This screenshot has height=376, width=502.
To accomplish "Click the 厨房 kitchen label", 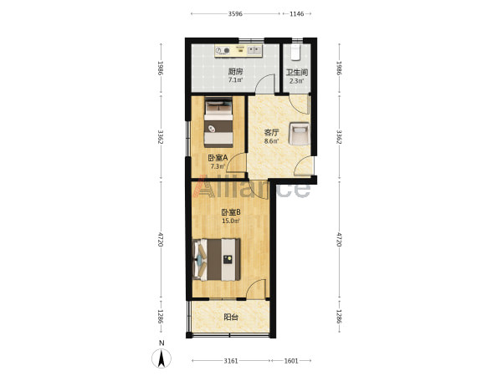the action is click(x=235, y=72).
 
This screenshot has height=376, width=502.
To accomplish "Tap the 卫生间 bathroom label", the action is click(x=297, y=73).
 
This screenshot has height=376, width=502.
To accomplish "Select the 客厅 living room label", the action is click(x=271, y=132).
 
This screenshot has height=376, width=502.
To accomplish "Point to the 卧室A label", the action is click(x=218, y=158).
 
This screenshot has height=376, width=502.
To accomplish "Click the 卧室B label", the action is click(x=231, y=212).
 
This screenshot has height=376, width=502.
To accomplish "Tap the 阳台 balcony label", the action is click(x=231, y=318).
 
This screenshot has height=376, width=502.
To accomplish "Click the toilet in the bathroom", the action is click(x=295, y=52).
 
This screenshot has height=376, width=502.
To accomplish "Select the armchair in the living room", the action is click(x=299, y=134).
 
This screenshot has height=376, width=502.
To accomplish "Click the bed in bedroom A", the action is click(x=218, y=122).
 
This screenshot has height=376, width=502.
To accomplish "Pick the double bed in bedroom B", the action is click(x=217, y=260).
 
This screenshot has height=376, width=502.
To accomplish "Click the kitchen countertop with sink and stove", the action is click(x=238, y=51).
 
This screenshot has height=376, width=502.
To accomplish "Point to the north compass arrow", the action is click(x=161, y=358).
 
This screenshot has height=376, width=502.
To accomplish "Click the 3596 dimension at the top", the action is click(x=235, y=13).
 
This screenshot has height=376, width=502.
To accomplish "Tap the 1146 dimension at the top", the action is click(x=296, y=13).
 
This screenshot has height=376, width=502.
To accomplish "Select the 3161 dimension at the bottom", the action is click(x=231, y=361).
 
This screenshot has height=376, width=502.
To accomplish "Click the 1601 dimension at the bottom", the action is click(x=291, y=361).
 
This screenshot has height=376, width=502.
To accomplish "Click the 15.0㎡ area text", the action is click(x=231, y=221).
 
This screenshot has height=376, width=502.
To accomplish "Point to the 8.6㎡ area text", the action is click(x=271, y=140).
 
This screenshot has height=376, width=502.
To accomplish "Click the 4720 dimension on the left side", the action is click(x=161, y=240).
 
